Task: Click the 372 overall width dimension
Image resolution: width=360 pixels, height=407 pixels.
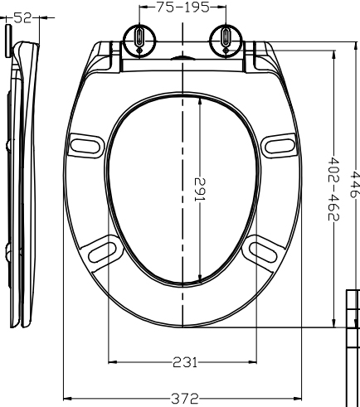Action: point(185,399)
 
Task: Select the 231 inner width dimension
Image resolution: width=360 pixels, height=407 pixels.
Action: point(185,362)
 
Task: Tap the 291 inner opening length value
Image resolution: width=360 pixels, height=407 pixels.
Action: point(200,190)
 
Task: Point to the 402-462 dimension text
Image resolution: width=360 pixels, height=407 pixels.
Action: point(333,189)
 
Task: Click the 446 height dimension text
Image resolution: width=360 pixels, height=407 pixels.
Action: point(355,184)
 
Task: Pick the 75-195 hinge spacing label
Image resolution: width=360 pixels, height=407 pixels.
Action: point(182,7)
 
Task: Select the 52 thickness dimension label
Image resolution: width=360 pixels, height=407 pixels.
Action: point(22,18)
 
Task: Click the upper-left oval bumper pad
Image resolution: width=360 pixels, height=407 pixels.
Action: point(85,146)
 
